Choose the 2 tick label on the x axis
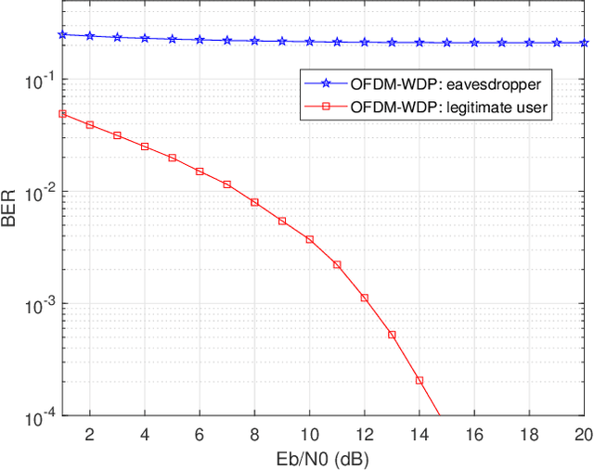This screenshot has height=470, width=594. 90,435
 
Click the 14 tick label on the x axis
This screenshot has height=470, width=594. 420,435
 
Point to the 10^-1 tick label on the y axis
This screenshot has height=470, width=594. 39,81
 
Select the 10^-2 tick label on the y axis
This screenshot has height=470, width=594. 39,193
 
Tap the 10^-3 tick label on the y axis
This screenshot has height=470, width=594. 39,304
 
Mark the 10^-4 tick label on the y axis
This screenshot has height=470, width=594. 39,415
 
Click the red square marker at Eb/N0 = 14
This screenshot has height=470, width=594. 420,380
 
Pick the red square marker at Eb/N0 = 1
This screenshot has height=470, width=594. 62,114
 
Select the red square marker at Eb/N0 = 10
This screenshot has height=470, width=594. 309,239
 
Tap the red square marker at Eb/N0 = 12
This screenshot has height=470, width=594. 365,299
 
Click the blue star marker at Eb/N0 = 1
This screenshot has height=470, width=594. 62,34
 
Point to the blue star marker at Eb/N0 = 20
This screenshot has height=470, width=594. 584,43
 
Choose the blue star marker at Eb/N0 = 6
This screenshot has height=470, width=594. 200,40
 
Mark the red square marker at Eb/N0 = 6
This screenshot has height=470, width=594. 200,171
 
